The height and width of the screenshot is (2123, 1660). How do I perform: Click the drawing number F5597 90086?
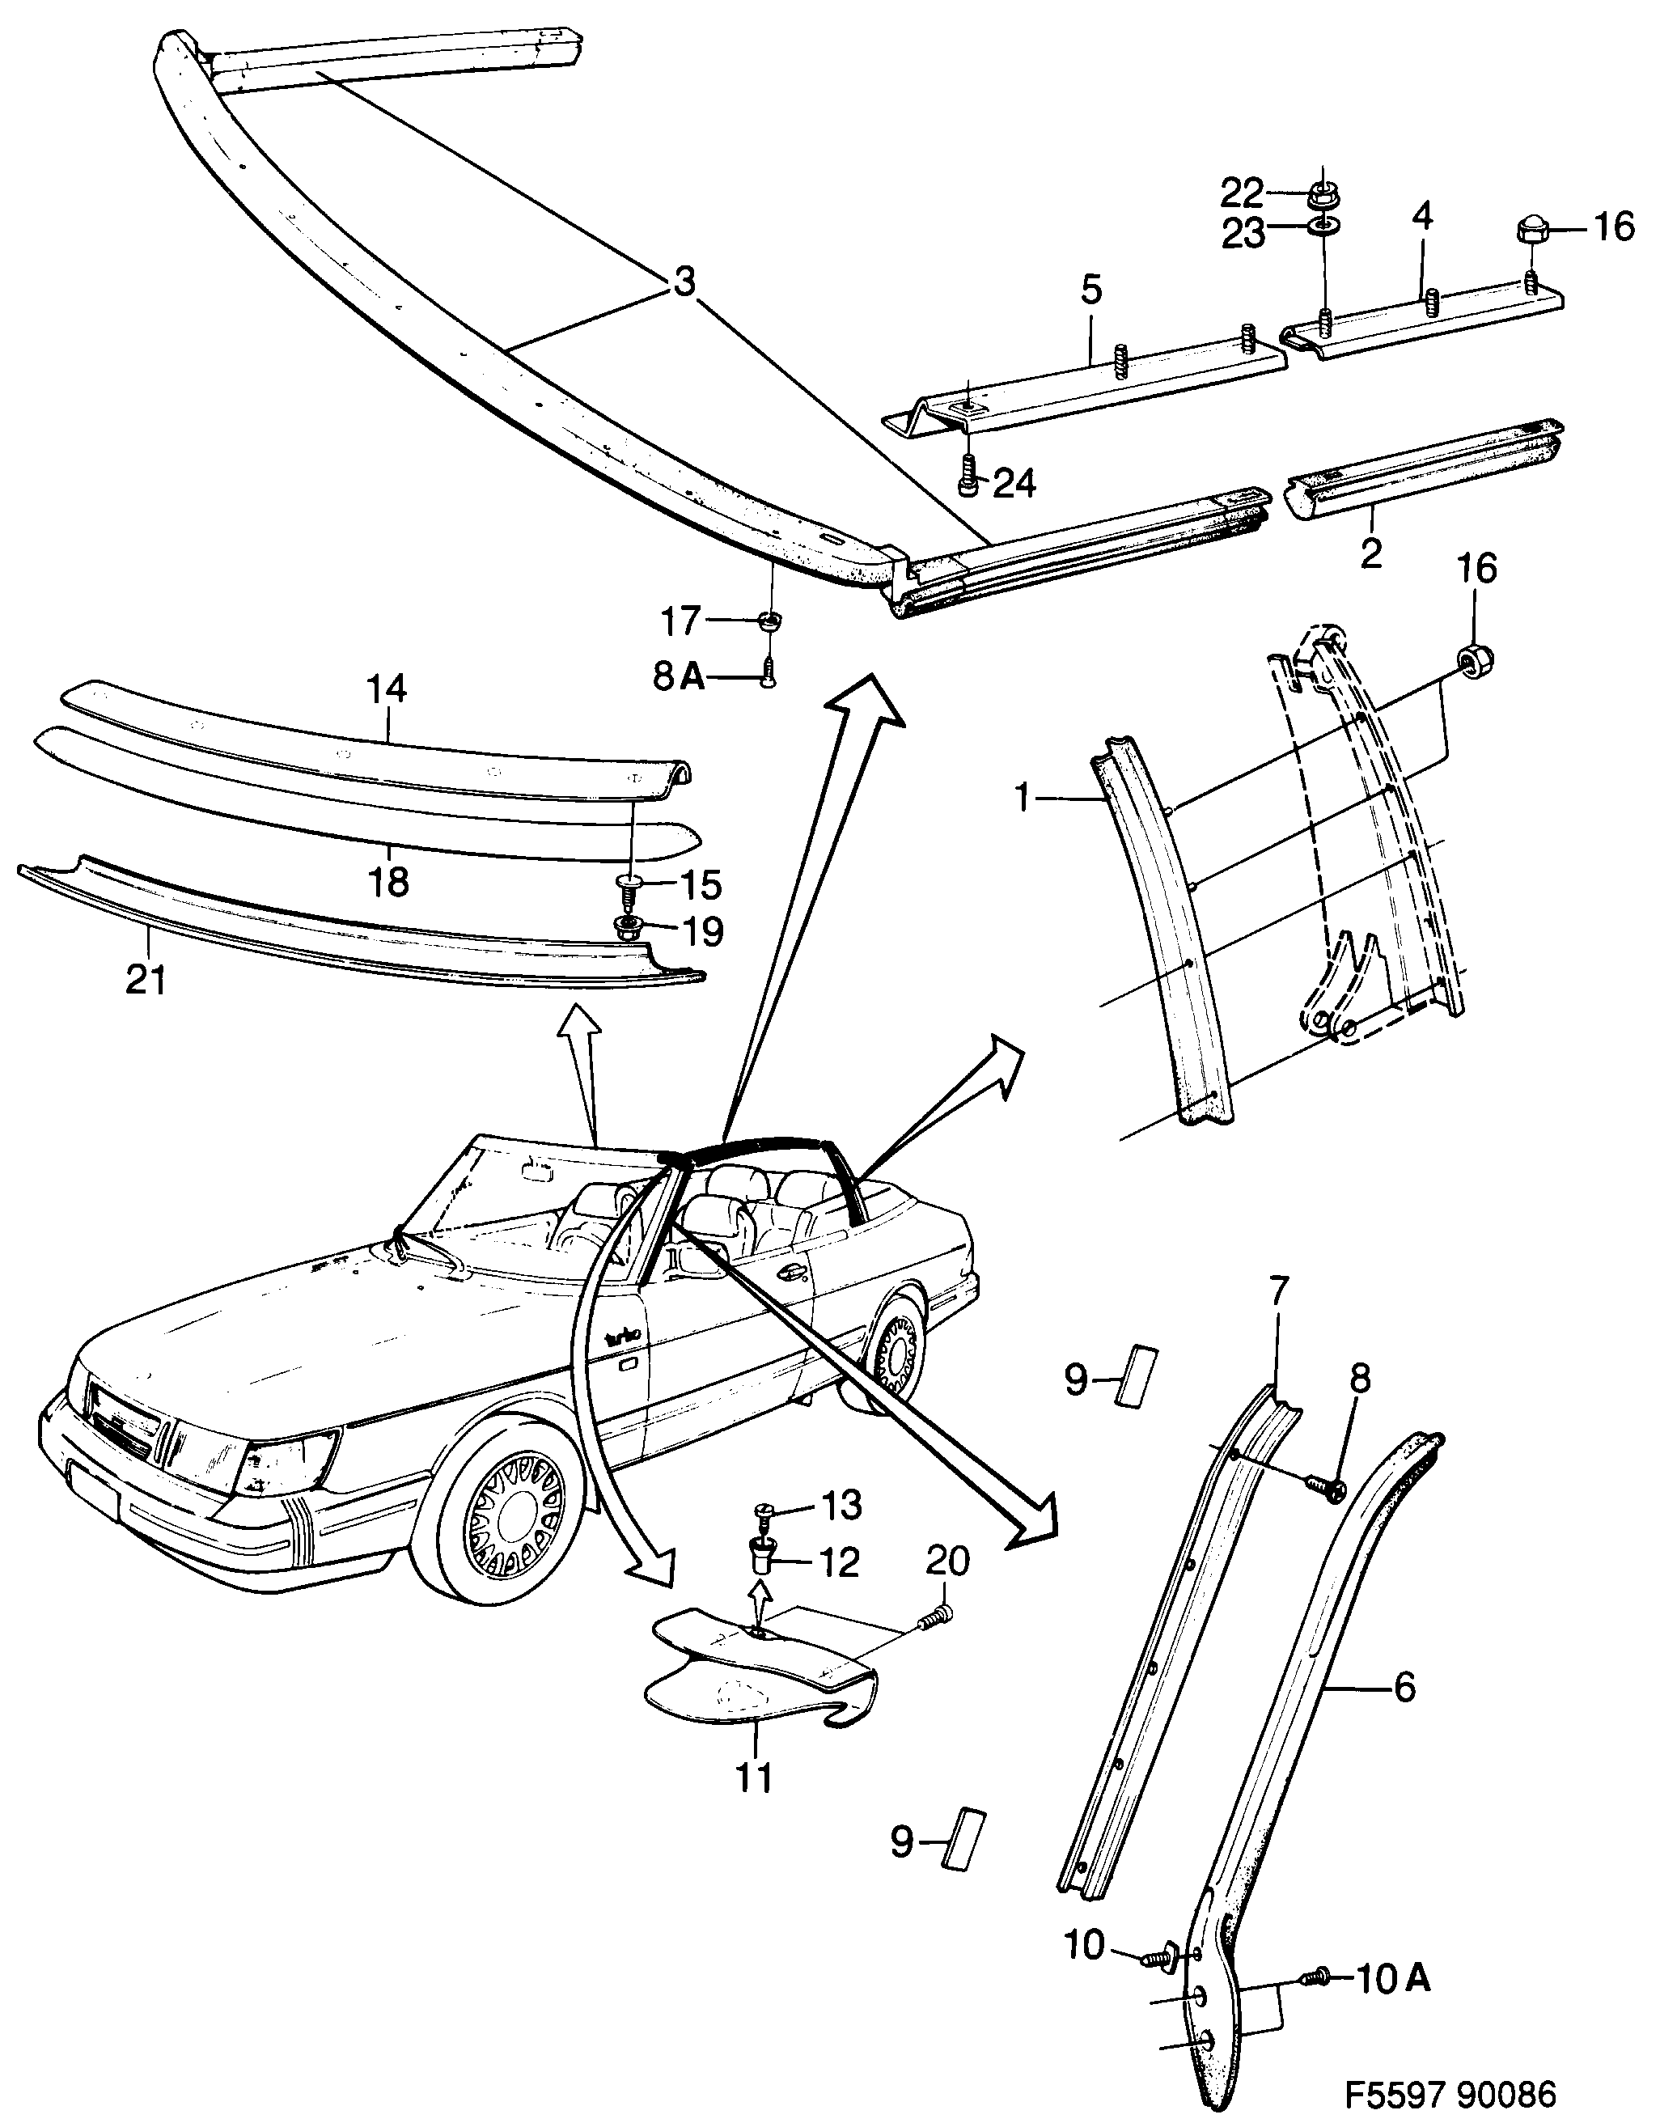click(x=1449, y=2093)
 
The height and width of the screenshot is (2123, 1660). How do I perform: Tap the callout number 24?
click(x=1014, y=483)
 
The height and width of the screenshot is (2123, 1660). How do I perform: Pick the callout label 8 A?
click(x=680, y=676)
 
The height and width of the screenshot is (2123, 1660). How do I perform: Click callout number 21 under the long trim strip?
click(x=146, y=980)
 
